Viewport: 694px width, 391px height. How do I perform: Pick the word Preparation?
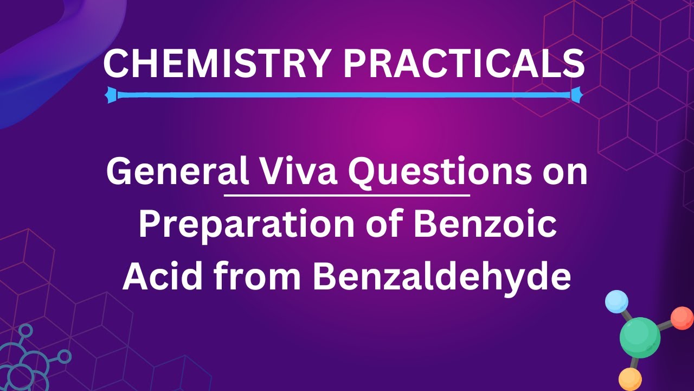(239, 226)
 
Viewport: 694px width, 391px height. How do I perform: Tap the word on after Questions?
(564, 173)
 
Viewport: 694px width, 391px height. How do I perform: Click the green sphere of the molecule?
(640, 337)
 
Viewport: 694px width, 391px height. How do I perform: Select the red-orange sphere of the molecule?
(682, 318)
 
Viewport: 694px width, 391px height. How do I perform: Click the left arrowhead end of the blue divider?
(112, 94)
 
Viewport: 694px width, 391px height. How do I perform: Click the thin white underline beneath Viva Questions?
(346, 194)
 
